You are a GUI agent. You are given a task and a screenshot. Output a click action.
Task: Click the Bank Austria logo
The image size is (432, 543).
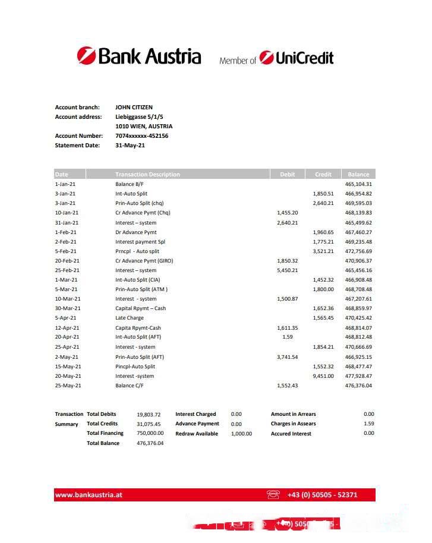click(139, 56)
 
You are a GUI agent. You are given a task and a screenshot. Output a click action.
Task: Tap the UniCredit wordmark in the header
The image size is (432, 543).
click(297, 58)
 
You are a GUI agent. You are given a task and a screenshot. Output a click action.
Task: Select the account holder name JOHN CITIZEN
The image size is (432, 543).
click(134, 108)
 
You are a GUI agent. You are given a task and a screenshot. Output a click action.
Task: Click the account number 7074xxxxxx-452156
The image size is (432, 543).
click(141, 136)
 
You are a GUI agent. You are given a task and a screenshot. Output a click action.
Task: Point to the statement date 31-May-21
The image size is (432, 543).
click(130, 146)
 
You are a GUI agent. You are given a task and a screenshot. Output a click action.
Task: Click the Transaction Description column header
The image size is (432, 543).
click(147, 175)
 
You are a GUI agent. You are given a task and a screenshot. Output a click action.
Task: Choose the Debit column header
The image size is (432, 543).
click(287, 175)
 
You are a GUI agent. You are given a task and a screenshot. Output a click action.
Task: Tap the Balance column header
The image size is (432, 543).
click(358, 175)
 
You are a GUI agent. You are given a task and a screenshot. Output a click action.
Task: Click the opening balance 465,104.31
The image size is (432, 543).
click(358, 184)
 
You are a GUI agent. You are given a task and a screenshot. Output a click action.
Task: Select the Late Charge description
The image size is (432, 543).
click(130, 318)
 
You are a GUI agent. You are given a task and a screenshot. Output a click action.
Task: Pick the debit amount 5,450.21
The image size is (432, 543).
click(288, 270)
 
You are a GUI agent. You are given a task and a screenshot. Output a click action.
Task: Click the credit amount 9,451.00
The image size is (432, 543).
click(323, 376)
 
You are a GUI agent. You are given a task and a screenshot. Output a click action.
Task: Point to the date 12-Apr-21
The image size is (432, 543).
click(67, 328)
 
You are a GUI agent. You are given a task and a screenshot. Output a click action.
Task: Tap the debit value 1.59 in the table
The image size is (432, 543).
click(288, 337)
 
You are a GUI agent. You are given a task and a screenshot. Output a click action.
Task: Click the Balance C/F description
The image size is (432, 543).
click(130, 386)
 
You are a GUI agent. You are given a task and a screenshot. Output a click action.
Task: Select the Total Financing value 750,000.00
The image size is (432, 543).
click(150, 433)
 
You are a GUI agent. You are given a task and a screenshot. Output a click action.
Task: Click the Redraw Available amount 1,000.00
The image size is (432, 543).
click(241, 434)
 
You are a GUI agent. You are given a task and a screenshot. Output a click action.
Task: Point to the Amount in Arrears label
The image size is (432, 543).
click(294, 414)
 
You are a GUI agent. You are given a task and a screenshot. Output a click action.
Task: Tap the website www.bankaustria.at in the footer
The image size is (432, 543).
click(89, 494)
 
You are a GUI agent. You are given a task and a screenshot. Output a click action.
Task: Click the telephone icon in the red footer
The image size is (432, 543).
click(273, 494)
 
